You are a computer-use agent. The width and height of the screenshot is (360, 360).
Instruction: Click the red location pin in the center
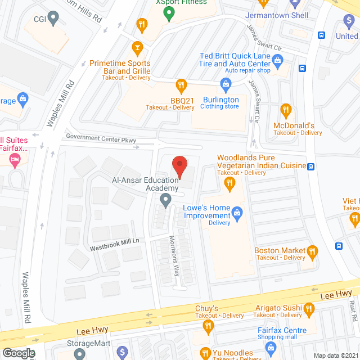point(179,165)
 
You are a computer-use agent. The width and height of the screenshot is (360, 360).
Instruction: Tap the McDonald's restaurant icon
point(286,110)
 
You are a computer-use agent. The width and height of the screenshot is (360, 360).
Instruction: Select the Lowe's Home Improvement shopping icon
point(237,212)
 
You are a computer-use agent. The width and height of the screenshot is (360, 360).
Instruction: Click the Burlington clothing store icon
point(226,85)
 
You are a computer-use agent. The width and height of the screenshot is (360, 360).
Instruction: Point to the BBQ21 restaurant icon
point(181,86)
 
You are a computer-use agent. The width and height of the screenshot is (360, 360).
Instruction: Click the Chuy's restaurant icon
point(208,325)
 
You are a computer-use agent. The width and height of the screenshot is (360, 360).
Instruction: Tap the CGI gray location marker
point(53,19)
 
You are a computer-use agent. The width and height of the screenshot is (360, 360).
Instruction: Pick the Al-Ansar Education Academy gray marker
point(165,199)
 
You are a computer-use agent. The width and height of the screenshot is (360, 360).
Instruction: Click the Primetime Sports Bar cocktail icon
point(136,47)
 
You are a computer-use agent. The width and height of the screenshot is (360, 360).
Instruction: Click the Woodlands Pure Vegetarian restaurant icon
point(229,183)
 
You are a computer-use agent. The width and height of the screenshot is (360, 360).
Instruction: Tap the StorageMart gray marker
point(79,354)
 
